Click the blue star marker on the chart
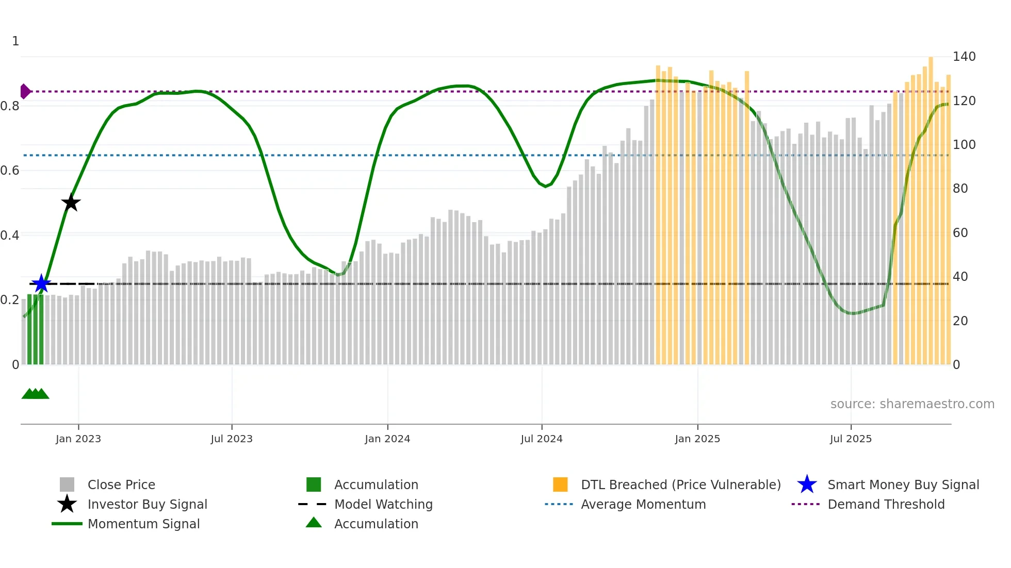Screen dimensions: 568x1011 click(41, 283)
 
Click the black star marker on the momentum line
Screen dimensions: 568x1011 click(71, 203)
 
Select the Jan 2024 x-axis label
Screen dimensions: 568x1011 click(387, 439)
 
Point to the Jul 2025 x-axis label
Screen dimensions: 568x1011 click(851, 439)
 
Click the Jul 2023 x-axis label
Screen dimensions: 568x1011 click(232, 439)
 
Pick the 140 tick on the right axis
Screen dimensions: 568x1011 click(964, 57)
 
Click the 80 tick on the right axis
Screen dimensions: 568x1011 click(960, 189)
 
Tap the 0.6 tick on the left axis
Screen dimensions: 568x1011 click(10, 171)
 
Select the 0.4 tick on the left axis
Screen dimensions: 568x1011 click(10, 236)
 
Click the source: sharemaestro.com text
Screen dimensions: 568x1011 click(912, 404)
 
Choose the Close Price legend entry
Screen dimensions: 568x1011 click(121, 485)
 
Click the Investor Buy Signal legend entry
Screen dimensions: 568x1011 click(147, 504)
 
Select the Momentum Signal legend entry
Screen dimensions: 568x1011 click(143, 524)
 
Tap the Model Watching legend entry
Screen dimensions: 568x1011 click(383, 504)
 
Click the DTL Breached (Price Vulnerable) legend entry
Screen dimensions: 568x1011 click(680, 485)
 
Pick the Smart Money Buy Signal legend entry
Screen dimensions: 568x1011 click(903, 485)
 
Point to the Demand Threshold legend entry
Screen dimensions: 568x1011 click(886, 504)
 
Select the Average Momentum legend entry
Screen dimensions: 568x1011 click(643, 504)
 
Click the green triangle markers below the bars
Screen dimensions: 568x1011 click(35, 394)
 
